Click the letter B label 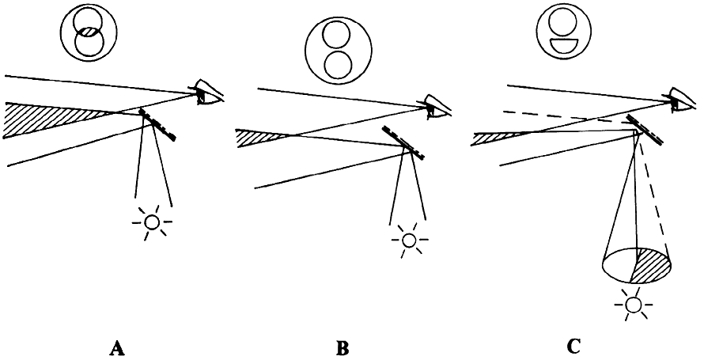342,347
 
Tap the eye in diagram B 437,104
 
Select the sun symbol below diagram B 409,239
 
